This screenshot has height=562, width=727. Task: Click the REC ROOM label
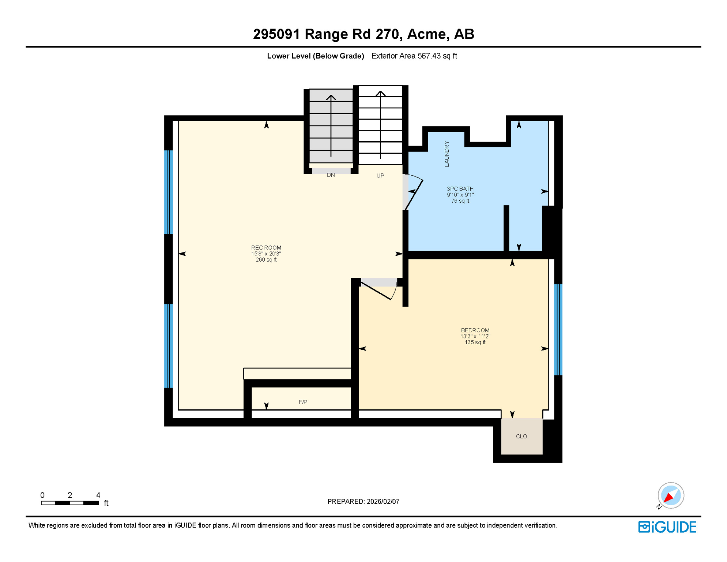pos(266,248)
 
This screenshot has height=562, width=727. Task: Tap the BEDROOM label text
pos(475,330)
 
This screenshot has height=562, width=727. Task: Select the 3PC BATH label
pos(460,189)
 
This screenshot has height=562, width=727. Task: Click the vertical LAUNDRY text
pos(447,154)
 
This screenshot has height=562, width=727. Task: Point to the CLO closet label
pos(521,437)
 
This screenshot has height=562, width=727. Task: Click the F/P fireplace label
pos(303,402)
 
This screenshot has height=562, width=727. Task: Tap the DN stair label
pos(331,175)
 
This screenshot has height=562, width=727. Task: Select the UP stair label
pos(380,176)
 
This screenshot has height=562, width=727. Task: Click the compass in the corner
pos(670,495)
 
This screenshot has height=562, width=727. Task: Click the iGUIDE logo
pos(667,527)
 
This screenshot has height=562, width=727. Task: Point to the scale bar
pos(69,503)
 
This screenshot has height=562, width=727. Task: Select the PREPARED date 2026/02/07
pos(383,502)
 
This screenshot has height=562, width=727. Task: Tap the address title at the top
pos(363,34)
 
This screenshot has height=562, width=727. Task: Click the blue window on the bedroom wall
pos(558,329)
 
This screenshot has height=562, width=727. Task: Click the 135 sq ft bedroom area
pos(475,342)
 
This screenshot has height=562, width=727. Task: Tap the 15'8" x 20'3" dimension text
pos(266,254)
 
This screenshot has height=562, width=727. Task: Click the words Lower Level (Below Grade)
pos(315,56)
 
